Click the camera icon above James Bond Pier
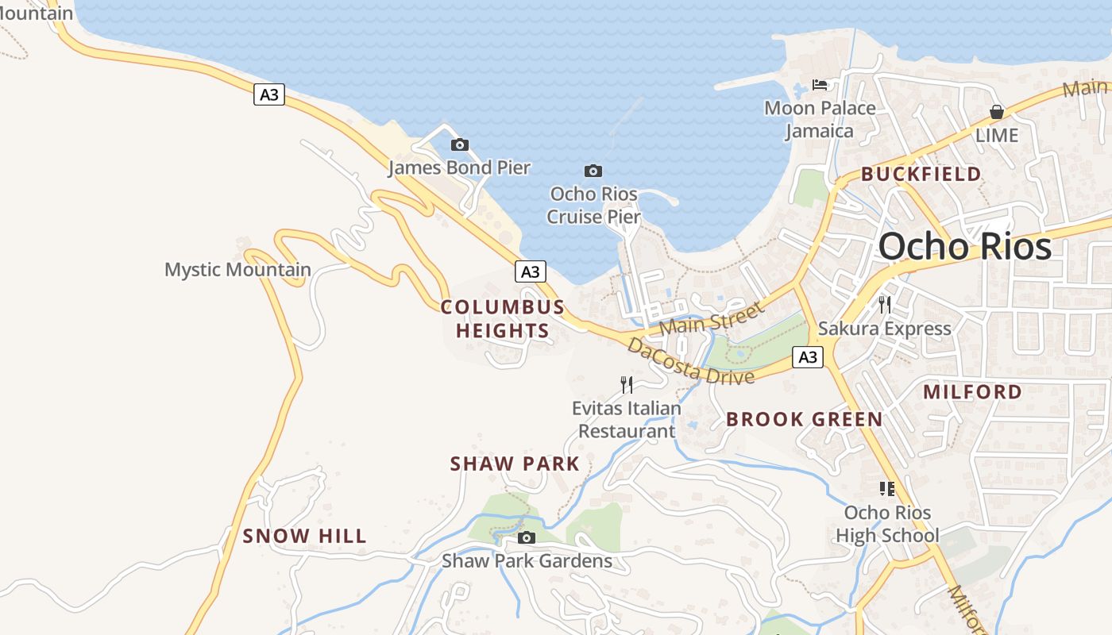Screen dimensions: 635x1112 pos(459,145)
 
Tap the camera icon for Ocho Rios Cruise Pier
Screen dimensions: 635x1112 pos(593,171)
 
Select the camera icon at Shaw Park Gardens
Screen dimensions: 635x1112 pos(526,538)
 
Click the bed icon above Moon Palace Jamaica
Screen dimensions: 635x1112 pos(820,85)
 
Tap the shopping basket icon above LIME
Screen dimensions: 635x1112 pos(996,112)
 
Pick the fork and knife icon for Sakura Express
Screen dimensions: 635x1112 pos(884,304)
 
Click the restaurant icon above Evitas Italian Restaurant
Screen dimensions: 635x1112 pos(627,385)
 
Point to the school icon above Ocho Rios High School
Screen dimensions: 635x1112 pos(887,489)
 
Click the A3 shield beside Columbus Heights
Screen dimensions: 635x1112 pos(531,271)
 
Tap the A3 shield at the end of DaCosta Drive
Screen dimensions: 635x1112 pos(808,357)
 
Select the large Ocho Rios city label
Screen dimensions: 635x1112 pos(965,246)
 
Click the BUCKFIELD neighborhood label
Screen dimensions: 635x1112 pos(921,174)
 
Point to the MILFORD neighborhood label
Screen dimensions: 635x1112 pos(972,391)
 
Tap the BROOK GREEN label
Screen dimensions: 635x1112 pos(804,419)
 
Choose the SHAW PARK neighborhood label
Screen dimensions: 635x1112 pos(515,464)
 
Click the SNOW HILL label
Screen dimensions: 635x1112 pos(305,536)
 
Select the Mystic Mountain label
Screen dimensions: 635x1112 pos(237,269)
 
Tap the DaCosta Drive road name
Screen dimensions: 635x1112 pos(689,361)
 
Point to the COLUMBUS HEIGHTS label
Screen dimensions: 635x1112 pos(503,318)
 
